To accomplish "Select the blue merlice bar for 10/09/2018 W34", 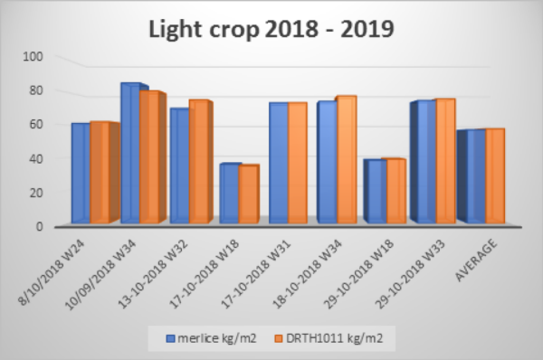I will tap(129, 152).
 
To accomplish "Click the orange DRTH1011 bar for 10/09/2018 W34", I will tap(148, 156).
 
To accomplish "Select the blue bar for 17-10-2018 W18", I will tap(228, 192).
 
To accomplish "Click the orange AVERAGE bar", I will tap(493, 175).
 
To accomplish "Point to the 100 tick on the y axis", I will tap(33, 56).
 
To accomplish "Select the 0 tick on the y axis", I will tap(39, 226).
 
